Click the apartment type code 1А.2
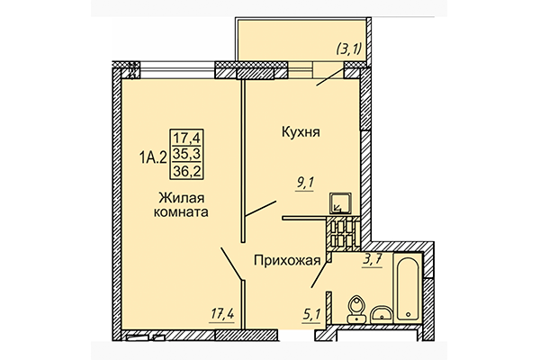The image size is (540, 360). point(153,157)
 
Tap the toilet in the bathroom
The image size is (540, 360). point(355,308)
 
